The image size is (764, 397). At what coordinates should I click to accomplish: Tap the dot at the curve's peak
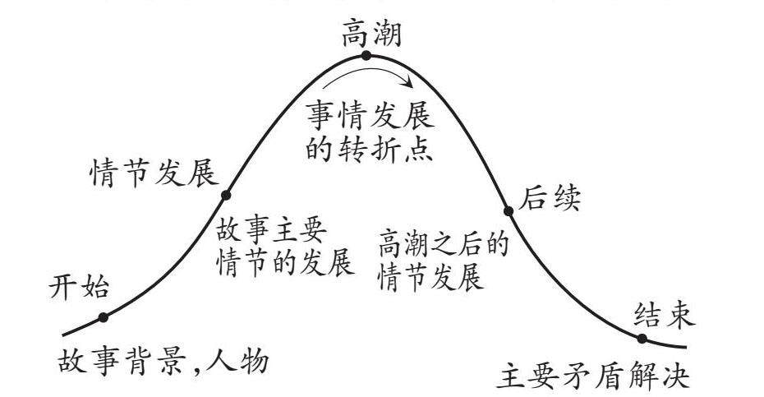(366, 56)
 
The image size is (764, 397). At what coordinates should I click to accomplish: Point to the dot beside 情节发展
(227, 195)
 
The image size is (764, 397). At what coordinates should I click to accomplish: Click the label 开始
(79, 287)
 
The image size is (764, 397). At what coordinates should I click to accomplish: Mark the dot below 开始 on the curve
(104, 317)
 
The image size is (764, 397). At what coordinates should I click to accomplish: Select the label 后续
(550, 198)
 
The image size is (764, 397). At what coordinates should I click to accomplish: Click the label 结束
(665, 314)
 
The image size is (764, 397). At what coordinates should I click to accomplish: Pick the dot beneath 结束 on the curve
(642, 338)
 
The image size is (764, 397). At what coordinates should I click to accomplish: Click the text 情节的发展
(284, 264)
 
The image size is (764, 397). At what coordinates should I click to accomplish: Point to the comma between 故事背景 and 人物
(199, 366)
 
